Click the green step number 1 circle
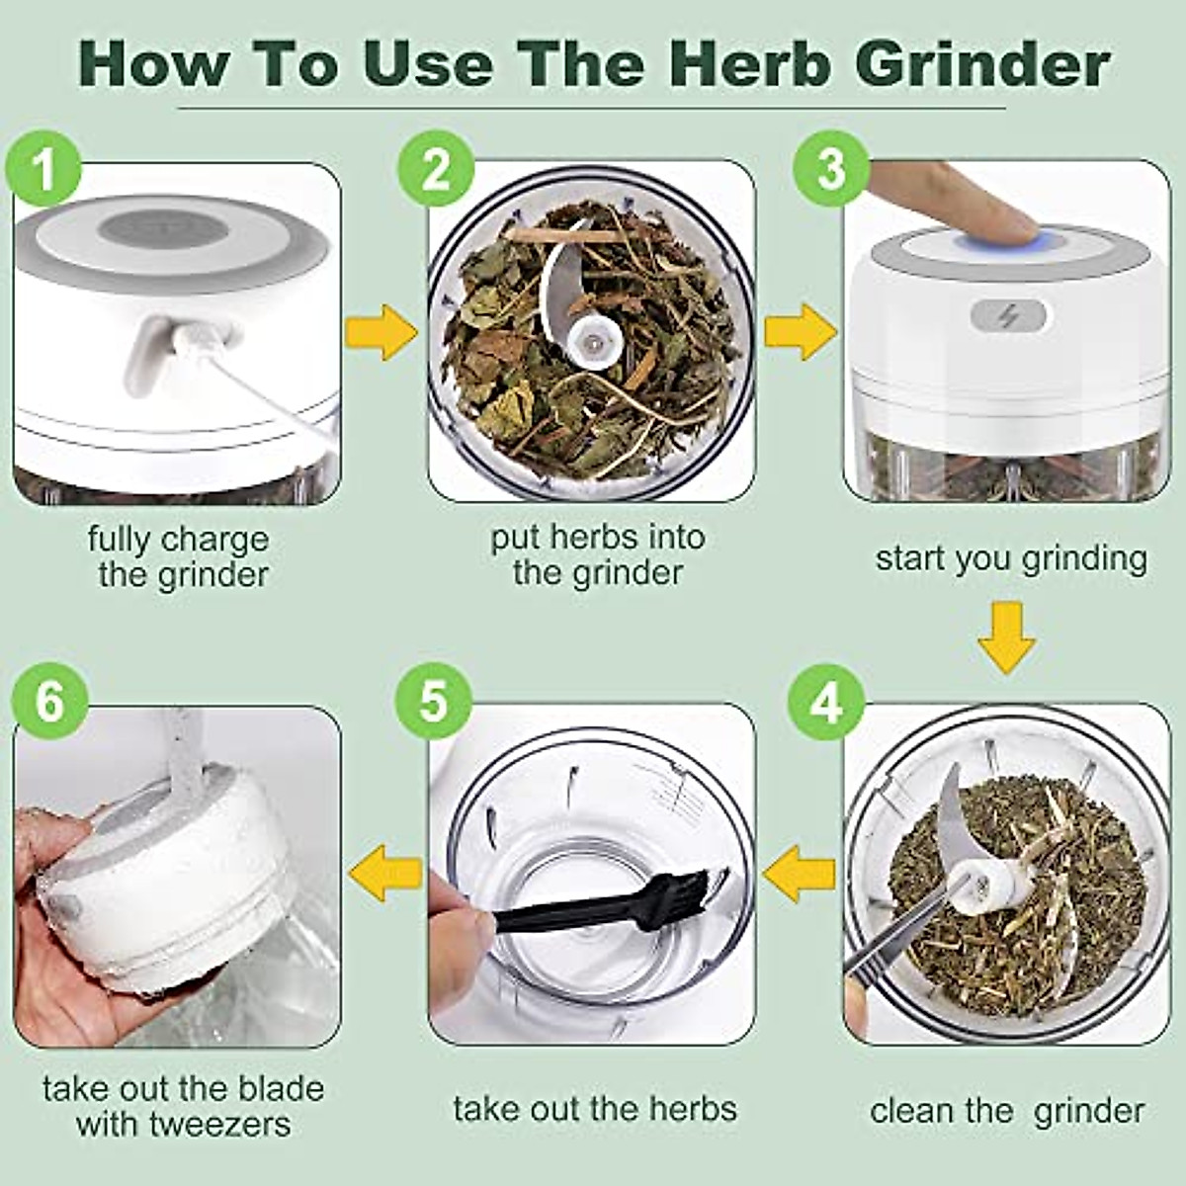click(x=43, y=169)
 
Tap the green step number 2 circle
click(x=436, y=169)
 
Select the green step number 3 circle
click(x=831, y=169)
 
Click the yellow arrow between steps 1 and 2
click(x=381, y=332)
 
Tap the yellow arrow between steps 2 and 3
click(x=800, y=332)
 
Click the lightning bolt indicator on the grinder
click(x=1009, y=317)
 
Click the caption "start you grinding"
click(x=1010, y=558)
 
